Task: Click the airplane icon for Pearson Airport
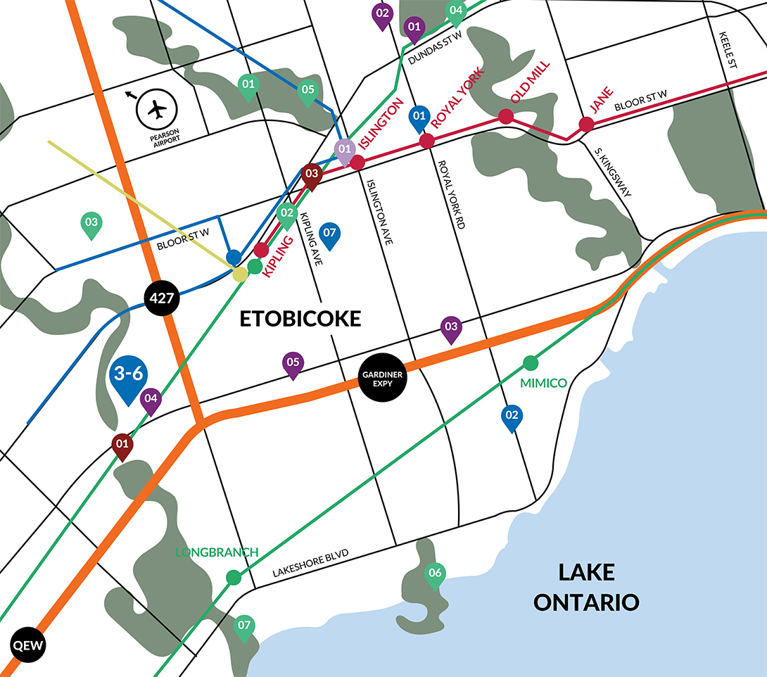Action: click(x=158, y=110)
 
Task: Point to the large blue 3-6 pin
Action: click(x=128, y=380)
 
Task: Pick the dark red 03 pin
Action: click(x=311, y=175)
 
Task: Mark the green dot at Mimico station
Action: click(x=531, y=363)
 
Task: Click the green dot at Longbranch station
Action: click(x=233, y=578)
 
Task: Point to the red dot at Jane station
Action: click(x=586, y=125)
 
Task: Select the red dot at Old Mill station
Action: click(x=505, y=116)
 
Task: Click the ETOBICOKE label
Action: click(x=300, y=319)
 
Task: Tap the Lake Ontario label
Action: click(x=585, y=587)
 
